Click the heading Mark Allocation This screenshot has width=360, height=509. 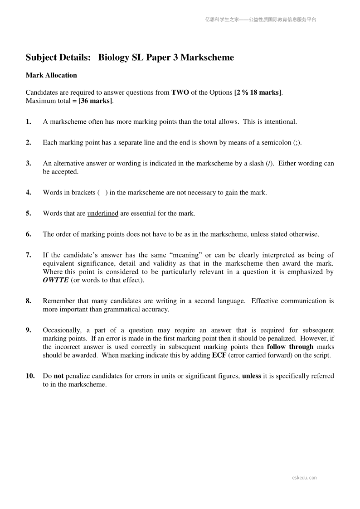pos(51,75)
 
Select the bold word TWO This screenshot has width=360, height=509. pos(180,92)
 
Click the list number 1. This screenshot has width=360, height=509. pos(29,121)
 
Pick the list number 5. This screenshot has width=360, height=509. pos(29,213)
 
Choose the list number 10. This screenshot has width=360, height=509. pos(30,376)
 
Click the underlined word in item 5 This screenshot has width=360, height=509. pos(102,213)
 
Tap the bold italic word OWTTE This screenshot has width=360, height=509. pos(56,280)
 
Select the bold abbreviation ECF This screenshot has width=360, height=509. pos(219,355)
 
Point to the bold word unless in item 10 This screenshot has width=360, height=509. pos(252,376)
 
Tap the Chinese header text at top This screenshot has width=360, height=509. pos(260,19)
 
